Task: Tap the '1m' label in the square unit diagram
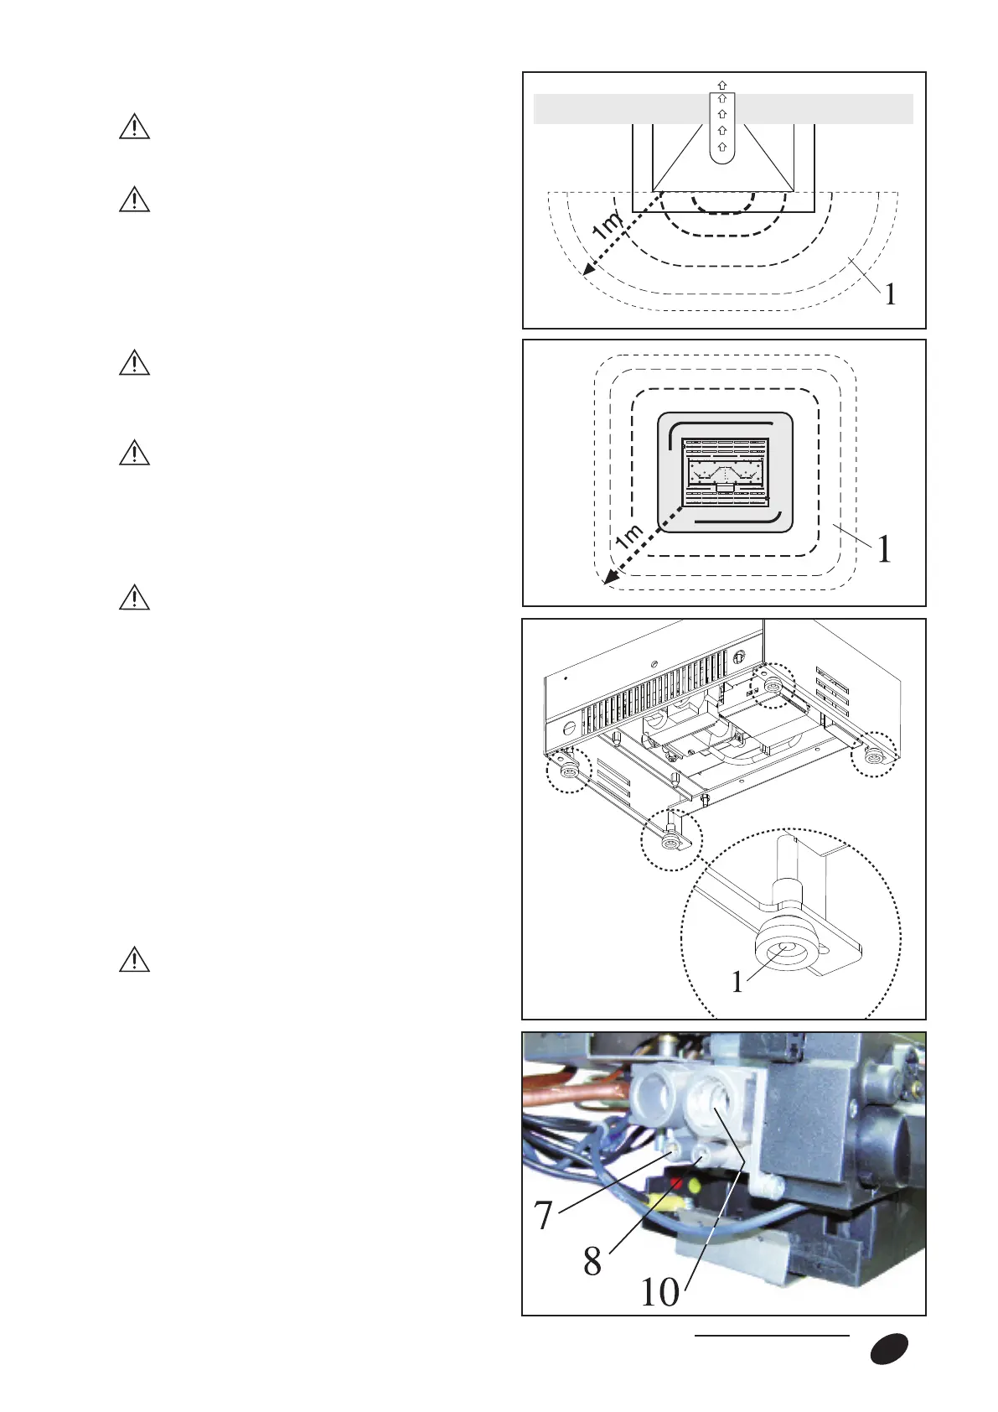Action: click(629, 537)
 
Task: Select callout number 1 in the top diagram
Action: click(890, 294)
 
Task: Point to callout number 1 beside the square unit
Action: click(884, 550)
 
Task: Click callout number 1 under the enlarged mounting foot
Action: click(737, 982)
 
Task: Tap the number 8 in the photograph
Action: click(592, 1261)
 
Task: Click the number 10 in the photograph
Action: click(660, 1292)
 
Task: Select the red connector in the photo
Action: click(675, 1182)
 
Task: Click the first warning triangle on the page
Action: click(134, 127)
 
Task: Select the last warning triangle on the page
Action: click(134, 959)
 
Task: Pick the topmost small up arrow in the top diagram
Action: click(721, 85)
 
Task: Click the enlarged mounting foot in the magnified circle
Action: click(783, 948)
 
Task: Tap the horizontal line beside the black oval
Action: click(772, 1336)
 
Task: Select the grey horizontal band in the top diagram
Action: click(838, 109)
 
